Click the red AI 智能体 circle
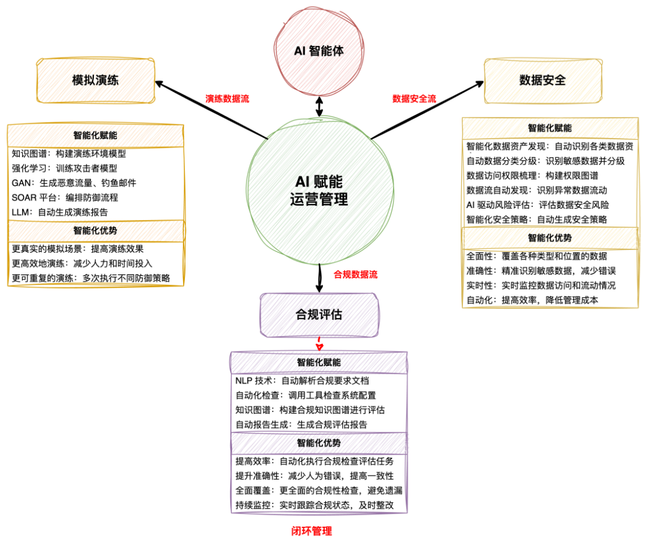pos(319,50)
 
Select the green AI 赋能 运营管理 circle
pos(320,190)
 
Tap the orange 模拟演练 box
pos(96,81)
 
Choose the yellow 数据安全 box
pos(543,81)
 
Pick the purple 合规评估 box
pos(319,315)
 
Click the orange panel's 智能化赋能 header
pos(96,135)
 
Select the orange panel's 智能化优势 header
pos(96,231)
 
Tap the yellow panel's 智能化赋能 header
pos(550,128)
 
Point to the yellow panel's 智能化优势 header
pos(550,238)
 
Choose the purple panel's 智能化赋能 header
pos(319,362)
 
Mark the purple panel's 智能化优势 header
pos(319,443)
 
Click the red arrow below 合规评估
pos(319,345)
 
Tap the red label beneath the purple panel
pos(312,531)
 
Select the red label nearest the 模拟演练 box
pos(227,99)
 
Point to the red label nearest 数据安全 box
pos(414,99)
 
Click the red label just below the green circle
pos(356,274)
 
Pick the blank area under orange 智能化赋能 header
pos(96,183)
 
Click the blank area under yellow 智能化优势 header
pos(550,279)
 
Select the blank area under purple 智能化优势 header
pos(319,483)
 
